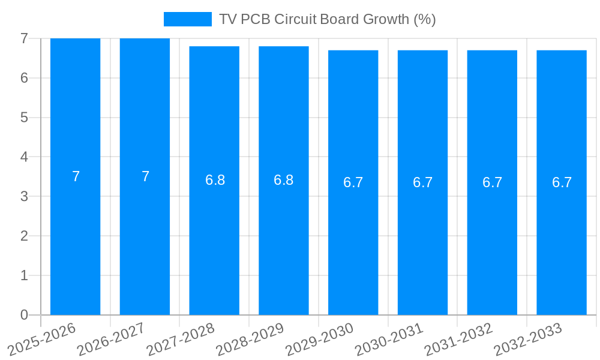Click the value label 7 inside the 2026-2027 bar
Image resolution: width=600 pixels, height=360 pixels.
pos(145,176)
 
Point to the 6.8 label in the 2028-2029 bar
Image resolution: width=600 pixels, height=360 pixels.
pos(283,180)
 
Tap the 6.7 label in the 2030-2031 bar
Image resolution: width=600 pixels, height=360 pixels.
pos(422,182)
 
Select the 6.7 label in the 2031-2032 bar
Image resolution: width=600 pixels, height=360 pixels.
pos(492,182)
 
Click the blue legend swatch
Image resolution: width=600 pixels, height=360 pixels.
pos(187,19)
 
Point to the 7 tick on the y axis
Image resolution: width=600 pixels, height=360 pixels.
pos(24,38)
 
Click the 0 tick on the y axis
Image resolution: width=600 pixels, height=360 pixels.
pos(24,315)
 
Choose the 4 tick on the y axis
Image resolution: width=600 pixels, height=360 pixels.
pos(24,157)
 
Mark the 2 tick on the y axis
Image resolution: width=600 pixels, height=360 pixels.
pos(24,236)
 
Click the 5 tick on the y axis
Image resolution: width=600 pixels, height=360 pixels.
pos(24,118)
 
